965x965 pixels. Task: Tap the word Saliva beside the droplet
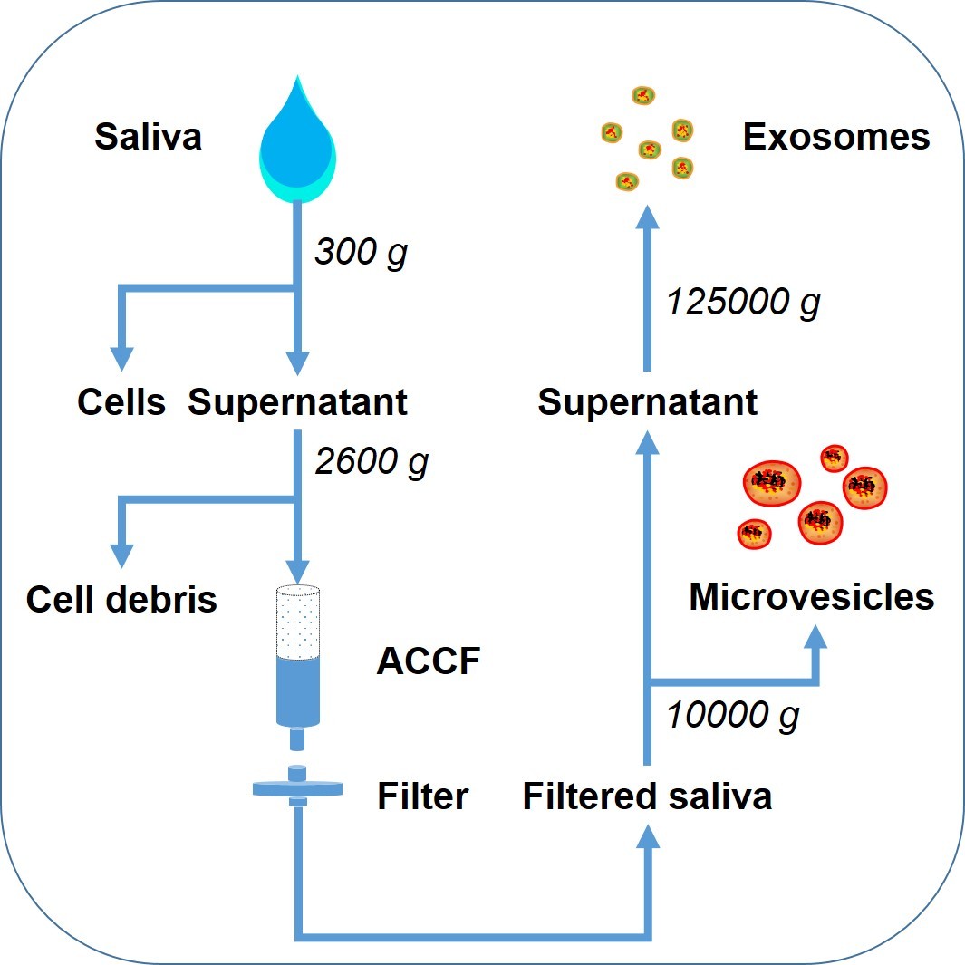[x=148, y=138]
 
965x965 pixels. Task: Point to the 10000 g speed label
[x=733, y=716]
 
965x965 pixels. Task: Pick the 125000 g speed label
[x=743, y=303]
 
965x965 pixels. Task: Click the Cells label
[x=121, y=402]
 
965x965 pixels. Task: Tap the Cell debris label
[x=121, y=599]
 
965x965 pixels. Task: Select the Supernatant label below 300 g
[x=297, y=402]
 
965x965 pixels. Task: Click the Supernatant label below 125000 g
[x=647, y=402]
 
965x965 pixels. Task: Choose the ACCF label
[x=428, y=662]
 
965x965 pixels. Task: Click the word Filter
[x=422, y=796]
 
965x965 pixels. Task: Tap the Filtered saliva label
[x=647, y=796]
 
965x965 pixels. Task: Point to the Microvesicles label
[x=811, y=597]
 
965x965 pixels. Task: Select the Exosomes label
[x=835, y=138]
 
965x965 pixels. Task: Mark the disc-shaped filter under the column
[x=298, y=788]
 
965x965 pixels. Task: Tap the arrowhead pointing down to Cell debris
[x=121, y=554]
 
